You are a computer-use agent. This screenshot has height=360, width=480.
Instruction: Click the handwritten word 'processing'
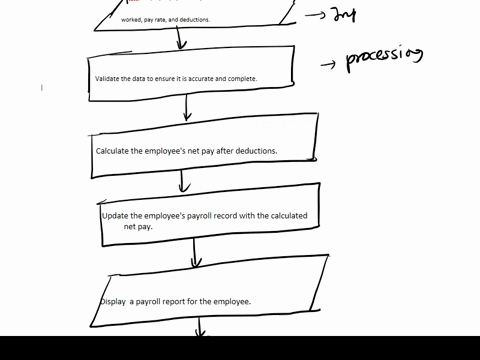[x=384, y=58]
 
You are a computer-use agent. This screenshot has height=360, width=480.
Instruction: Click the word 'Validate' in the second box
[x=109, y=79]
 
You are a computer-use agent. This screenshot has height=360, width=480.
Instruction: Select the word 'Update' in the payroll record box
[x=116, y=216]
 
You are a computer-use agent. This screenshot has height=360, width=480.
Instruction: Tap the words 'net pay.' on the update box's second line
[x=138, y=227]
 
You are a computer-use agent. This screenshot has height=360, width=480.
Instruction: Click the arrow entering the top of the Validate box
[x=180, y=38]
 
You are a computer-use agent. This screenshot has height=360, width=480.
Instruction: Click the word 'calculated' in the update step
[x=286, y=216]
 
